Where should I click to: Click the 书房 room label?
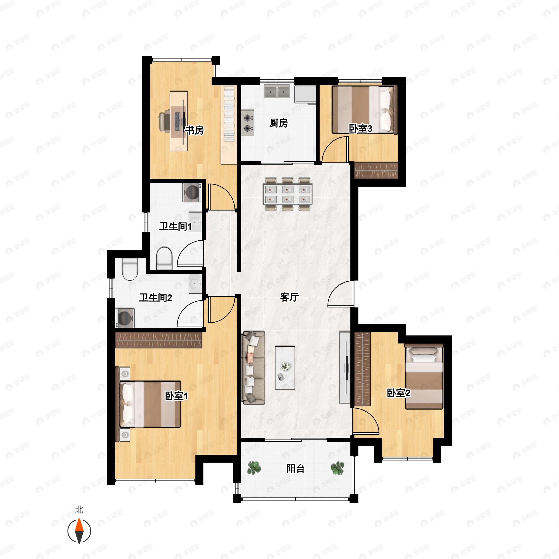pyautogui.click(x=194, y=130)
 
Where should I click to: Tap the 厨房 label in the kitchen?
pyautogui.click(x=278, y=123)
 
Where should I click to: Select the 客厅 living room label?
pyautogui.click(x=289, y=297)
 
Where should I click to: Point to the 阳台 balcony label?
pyautogui.click(x=295, y=468)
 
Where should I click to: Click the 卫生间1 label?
pyautogui.click(x=176, y=226)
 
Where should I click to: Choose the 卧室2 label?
pyautogui.click(x=399, y=393)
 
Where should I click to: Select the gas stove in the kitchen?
pyautogui.click(x=248, y=123)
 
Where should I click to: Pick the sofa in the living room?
pyautogui.click(x=253, y=368)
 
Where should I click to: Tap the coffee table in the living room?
pyautogui.click(x=285, y=368)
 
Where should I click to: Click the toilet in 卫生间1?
pyautogui.click(x=164, y=258)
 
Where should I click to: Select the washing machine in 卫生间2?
pyautogui.click(x=125, y=318)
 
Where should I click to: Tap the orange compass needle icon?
pyautogui.click(x=79, y=531)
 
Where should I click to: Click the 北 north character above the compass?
pyautogui.click(x=79, y=510)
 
